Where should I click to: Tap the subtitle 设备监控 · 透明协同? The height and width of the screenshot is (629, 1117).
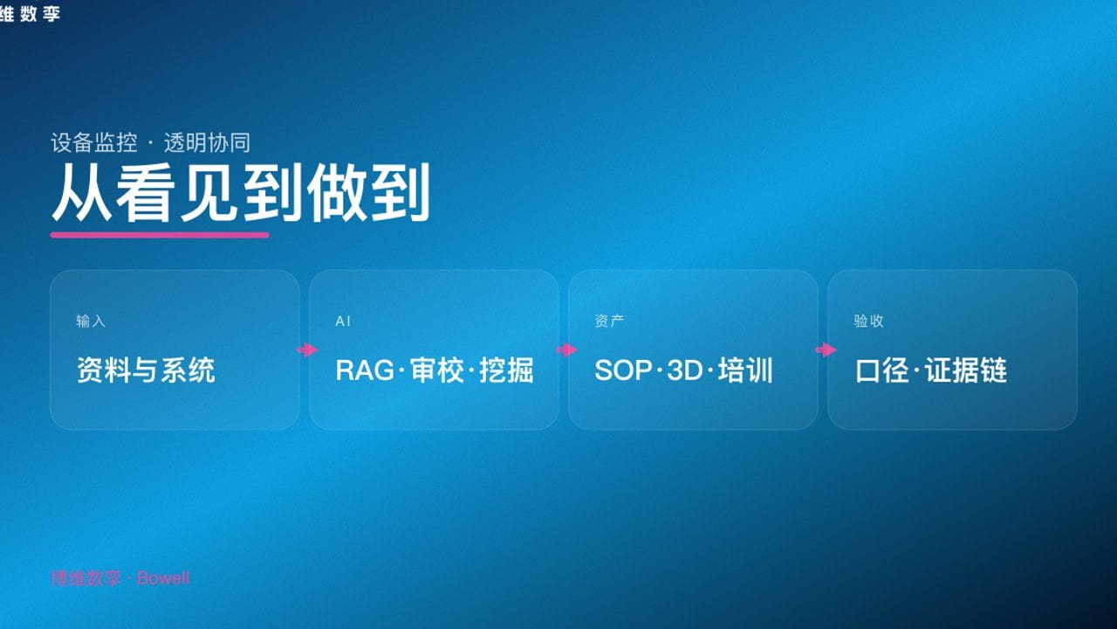(150, 142)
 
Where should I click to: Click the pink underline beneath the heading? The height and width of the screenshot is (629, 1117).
(160, 234)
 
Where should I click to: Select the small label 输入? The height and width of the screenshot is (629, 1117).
(91, 321)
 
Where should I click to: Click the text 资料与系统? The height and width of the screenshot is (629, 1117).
(146, 370)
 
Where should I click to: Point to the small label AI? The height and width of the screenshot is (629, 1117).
(343, 321)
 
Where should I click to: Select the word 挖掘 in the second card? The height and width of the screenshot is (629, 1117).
(507, 370)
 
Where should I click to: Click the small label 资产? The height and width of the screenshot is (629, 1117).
(609, 321)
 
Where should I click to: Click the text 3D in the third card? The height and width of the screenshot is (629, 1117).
(684, 370)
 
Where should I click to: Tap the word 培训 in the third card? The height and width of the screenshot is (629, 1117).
(746, 370)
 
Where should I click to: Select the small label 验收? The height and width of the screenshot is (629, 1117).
(868, 321)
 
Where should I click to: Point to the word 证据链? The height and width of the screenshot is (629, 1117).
(967, 370)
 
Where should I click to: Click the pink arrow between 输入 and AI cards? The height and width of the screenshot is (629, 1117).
(307, 350)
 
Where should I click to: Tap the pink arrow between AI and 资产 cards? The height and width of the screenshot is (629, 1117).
(566, 350)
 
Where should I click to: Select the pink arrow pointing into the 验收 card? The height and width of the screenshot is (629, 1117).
(826, 350)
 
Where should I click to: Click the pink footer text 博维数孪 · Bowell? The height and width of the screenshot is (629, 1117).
(120, 578)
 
